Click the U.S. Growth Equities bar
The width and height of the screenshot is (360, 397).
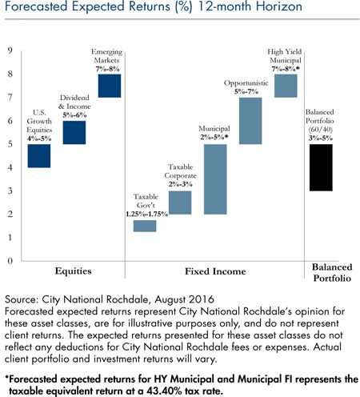[39, 156]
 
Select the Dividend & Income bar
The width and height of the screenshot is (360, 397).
[74, 133]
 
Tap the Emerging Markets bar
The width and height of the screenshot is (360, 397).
[110, 86]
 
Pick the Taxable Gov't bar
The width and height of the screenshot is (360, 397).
[145, 226]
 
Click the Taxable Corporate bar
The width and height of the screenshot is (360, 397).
[180, 203]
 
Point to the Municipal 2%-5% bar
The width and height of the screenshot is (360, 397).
[215, 179]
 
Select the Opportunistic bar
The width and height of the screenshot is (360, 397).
[250, 121]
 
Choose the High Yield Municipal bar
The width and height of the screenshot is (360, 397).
[286, 86]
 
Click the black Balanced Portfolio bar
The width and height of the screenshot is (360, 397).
[321, 167]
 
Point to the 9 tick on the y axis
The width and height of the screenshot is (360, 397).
[10, 50]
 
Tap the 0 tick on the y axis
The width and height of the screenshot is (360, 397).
[10, 261]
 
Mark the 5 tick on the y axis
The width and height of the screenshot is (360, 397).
[10, 144]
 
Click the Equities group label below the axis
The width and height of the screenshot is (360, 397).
[73, 271]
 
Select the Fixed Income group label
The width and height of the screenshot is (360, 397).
[215, 271]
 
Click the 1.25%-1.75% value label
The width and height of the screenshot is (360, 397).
[146, 214]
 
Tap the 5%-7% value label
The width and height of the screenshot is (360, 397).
[246, 92]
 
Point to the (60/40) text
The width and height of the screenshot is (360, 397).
[321, 130]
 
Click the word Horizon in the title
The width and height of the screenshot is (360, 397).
[279, 6]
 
